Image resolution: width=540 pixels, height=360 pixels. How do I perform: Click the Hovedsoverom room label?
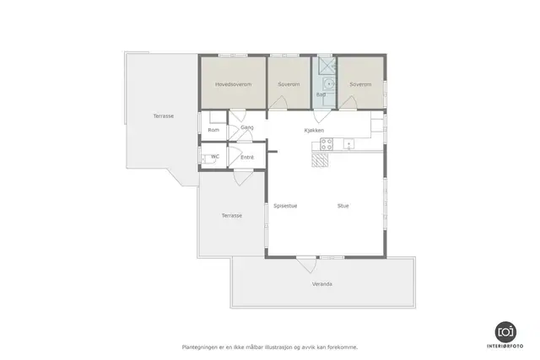[233, 84]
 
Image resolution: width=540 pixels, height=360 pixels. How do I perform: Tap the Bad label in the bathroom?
[321, 94]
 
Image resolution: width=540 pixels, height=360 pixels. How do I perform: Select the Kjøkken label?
[314, 131]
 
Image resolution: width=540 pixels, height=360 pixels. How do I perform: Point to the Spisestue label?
[285, 206]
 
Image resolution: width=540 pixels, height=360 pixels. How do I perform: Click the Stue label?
[343, 206]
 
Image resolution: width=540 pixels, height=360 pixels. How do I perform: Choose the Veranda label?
[322, 284]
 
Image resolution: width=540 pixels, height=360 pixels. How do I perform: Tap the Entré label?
[247, 158]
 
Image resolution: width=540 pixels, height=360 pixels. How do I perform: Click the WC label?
[215, 157]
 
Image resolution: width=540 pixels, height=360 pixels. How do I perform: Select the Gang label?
[247, 127]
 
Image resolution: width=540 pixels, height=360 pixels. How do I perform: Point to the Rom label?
[213, 130]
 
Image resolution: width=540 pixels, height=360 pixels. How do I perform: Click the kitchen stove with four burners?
[327, 144]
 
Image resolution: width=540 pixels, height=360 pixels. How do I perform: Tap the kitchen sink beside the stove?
[348, 144]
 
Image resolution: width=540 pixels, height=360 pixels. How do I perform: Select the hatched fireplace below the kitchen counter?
[320, 160]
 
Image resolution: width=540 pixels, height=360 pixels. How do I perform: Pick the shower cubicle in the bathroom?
[327, 65]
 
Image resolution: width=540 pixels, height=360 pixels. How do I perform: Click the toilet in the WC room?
[208, 159]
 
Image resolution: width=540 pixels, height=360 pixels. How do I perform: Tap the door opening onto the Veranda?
[306, 265]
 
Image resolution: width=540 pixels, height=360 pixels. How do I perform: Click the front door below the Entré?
[244, 178]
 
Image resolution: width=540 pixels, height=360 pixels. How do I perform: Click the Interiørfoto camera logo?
[505, 332]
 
